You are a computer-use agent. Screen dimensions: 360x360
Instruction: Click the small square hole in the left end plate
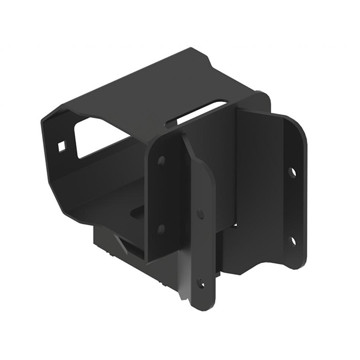pyautogui.click(x=62, y=145)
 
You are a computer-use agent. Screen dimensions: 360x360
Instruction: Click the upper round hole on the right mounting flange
pyautogui.click(x=292, y=172)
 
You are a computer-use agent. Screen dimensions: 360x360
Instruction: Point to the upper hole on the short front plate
pyautogui.click(x=161, y=161)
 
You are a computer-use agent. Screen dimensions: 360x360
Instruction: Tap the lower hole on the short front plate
pyautogui.click(x=160, y=229)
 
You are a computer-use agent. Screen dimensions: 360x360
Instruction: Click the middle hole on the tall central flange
pyautogui.click(x=200, y=214)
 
